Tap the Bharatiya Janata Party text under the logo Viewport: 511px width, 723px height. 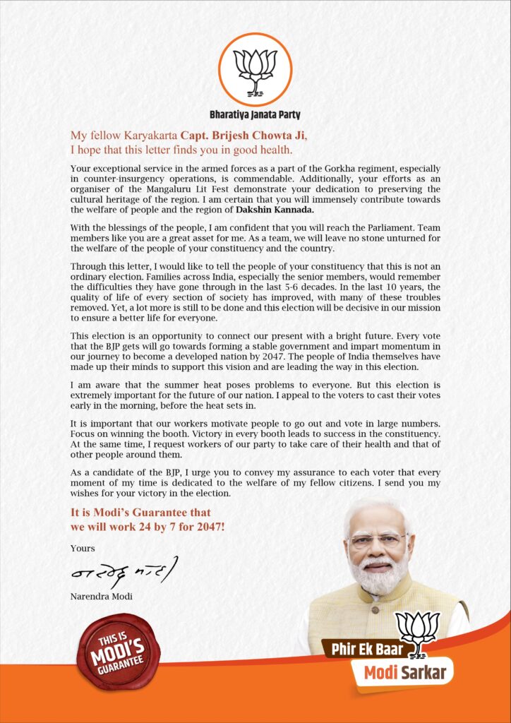pyautogui.click(x=255, y=114)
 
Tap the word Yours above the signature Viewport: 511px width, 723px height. pyautogui.click(x=82, y=548)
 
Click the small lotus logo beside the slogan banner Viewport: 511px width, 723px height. pyautogui.click(x=418, y=631)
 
